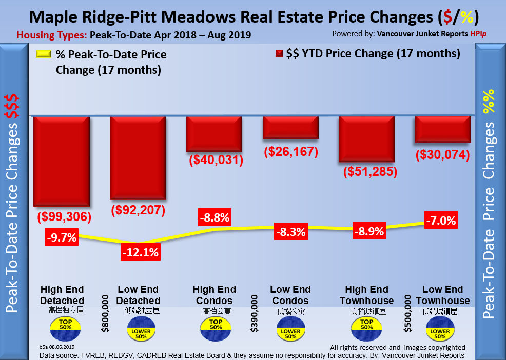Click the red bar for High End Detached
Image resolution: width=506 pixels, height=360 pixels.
pyautogui.click(x=62, y=161)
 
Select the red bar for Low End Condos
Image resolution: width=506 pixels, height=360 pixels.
pyautogui.click(x=290, y=128)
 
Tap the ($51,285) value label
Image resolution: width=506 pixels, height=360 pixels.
pyautogui.click(x=371, y=171)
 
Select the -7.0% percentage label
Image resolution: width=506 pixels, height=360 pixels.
pyautogui.click(x=440, y=221)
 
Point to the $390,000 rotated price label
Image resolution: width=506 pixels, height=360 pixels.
pyautogui.click(x=254, y=313)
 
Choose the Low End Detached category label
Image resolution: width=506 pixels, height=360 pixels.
pyautogui.click(x=139, y=295)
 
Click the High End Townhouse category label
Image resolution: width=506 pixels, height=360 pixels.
pyautogui.click(x=366, y=295)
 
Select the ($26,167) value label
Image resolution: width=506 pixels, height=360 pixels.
pyautogui.click(x=291, y=152)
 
